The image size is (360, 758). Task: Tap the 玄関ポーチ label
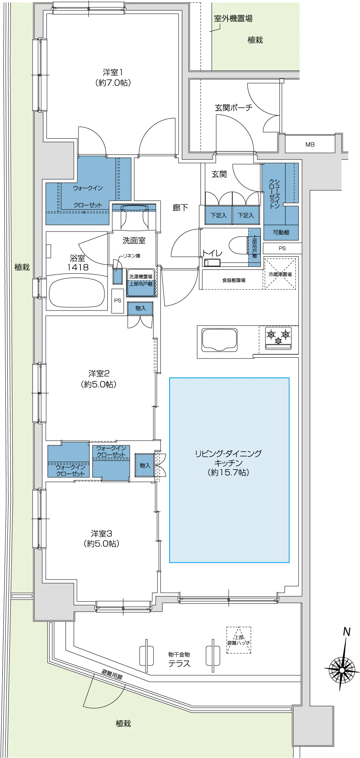[233, 108]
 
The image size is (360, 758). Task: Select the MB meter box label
[310, 144]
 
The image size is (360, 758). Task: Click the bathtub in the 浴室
[77, 292]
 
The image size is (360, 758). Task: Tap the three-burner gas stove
[278, 338]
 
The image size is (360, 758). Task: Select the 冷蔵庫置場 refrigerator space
[280, 274]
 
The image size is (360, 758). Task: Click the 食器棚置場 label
[233, 280]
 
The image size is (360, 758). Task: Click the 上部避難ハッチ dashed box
[239, 640]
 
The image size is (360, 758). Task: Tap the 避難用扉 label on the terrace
[112, 675]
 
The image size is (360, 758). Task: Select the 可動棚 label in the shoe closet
[281, 232]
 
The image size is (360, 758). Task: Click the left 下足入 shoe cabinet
[218, 215]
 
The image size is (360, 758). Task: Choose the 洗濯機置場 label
[141, 276]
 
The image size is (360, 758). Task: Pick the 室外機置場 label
[233, 18]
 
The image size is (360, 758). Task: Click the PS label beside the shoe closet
[282, 248]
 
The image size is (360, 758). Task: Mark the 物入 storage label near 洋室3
[145, 465]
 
